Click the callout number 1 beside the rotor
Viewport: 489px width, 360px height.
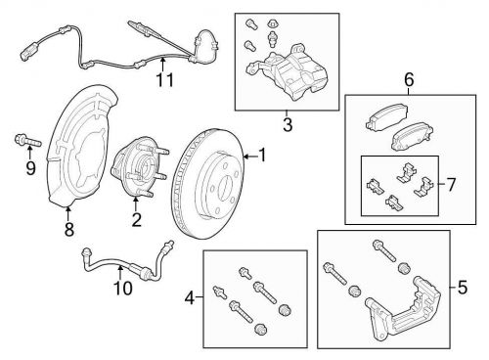click(x=262, y=156)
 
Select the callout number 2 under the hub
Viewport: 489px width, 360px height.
click(x=136, y=219)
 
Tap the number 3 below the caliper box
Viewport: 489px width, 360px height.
click(x=288, y=124)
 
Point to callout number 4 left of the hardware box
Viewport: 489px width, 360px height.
click(x=190, y=297)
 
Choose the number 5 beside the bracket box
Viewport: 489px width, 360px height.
click(x=463, y=288)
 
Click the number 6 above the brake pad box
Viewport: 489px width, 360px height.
click(x=409, y=79)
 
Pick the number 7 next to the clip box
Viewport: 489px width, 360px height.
click(x=451, y=185)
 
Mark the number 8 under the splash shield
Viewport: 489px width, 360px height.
click(x=69, y=229)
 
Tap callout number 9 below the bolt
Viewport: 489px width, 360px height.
click(x=30, y=168)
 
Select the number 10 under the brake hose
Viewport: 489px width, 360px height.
click(x=122, y=288)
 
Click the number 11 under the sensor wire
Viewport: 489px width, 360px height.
click(x=165, y=80)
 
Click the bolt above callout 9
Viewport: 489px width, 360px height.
click(x=28, y=141)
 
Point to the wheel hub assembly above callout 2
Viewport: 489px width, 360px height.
click(x=139, y=168)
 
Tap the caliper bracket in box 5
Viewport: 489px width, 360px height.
click(x=403, y=310)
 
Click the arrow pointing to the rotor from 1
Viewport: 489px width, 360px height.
click(x=250, y=157)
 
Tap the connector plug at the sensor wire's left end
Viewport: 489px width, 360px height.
click(x=25, y=53)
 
